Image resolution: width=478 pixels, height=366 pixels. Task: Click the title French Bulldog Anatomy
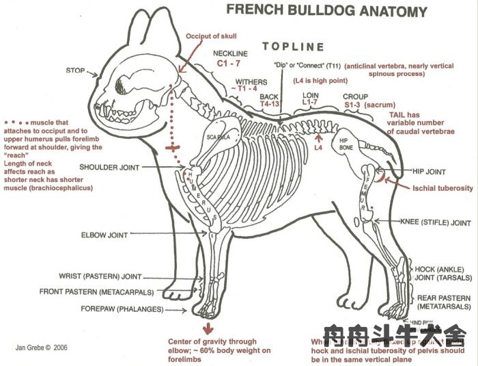click(326, 12)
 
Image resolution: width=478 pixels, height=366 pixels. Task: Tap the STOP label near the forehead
click(75, 70)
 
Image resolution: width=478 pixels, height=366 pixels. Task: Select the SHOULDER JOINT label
click(109, 167)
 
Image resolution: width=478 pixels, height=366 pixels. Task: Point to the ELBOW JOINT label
click(104, 235)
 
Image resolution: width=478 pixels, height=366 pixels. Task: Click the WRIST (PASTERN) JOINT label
click(100, 277)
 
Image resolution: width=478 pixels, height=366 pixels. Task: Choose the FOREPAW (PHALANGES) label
click(111, 309)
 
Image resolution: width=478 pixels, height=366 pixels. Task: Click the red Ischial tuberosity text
click(441, 187)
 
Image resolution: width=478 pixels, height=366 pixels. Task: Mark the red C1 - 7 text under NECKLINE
click(231, 62)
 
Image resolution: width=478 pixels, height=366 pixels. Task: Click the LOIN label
click(311, 95)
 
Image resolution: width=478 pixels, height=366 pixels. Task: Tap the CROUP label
click(355, 96)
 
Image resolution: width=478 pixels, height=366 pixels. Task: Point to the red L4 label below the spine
click(318, 147)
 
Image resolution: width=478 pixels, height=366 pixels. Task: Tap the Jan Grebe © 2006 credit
click(42, 348)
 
